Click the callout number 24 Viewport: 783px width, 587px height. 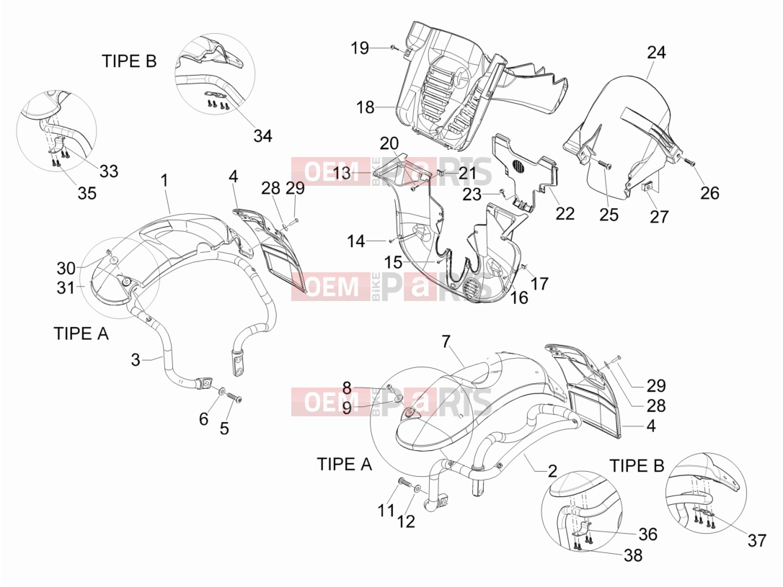pos(657,53)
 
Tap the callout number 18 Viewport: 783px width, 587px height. pos(366,107)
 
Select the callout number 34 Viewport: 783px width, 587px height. pos(262,135)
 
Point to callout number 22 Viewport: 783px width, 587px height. pos(565,213)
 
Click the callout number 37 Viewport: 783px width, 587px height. pos(757,539)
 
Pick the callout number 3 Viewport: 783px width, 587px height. pos(136,359)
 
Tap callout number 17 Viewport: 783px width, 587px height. pos(539,283)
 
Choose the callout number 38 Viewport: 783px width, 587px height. pos(633,555)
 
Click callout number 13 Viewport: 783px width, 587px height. pos(342,173)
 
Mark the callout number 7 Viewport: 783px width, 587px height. pos(446,341)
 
